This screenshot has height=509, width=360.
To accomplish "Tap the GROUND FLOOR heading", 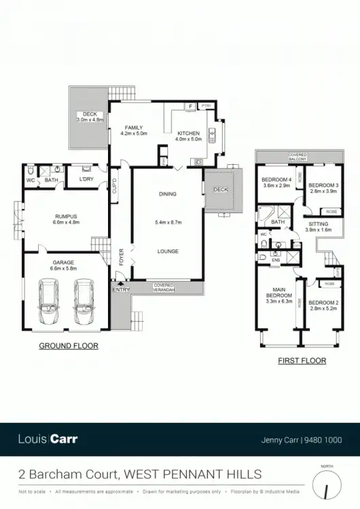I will pyautogui.click(x=69, y=345).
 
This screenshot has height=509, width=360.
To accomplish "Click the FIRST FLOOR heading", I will pyautogui.click(x=302, y=361).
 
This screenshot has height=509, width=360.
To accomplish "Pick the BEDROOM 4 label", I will pyautogui.click(x=276, y=180).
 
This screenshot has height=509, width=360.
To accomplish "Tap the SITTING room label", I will pyautogui.click(x=318, y=224).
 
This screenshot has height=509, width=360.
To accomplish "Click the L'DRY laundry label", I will pyautogui.click(x=86, y=179).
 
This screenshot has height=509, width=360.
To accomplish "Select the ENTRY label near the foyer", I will pyautogui.click(x=121, y=290).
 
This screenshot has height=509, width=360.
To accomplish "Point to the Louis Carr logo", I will pyautogui.click(x=48, y=438).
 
